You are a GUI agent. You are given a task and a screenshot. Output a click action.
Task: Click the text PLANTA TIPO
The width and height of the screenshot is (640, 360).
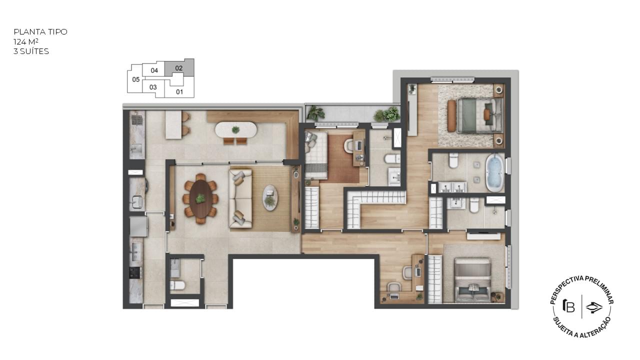pos(40,31)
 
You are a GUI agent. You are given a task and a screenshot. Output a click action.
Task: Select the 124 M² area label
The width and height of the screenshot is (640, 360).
pos(26,41)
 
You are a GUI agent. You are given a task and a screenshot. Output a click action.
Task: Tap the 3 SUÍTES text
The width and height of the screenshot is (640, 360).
pos(31,51)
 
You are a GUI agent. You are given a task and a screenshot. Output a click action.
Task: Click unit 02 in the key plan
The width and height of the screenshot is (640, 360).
pos(179,68)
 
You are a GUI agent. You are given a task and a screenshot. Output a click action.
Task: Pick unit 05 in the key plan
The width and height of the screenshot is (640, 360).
pos(136,79)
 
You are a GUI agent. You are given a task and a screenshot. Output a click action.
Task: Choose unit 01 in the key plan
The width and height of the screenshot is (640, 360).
pos(179,91)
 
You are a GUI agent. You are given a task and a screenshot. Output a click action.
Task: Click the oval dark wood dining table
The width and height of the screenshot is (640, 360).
pos(201,198)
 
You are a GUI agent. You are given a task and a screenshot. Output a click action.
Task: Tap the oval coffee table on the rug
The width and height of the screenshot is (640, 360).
pos(270,197)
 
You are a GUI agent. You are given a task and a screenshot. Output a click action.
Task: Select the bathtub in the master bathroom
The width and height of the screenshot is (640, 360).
pos(494,173)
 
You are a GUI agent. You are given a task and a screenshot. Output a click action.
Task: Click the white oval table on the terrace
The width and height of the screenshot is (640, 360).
pos(236,129)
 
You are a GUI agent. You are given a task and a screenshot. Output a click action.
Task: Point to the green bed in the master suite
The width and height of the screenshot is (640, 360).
pos(480,115)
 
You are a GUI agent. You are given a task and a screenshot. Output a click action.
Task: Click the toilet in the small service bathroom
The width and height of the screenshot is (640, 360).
pos(177,285)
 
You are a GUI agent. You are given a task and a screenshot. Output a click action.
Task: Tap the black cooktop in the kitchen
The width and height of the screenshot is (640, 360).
pos(135,272)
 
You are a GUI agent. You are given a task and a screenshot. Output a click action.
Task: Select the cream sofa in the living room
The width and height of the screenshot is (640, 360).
pos(240,198)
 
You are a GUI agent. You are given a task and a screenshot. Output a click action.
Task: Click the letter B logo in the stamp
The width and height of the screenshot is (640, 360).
pos(569,306)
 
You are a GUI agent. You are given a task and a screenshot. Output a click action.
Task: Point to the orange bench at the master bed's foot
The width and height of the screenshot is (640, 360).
pos(451,115)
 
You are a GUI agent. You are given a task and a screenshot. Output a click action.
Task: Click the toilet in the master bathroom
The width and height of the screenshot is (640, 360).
pos(453,160)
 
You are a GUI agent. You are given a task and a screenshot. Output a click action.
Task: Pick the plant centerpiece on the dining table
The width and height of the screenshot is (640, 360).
pos(200,198)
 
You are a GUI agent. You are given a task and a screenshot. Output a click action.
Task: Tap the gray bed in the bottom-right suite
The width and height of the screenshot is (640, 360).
pos(473,280)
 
